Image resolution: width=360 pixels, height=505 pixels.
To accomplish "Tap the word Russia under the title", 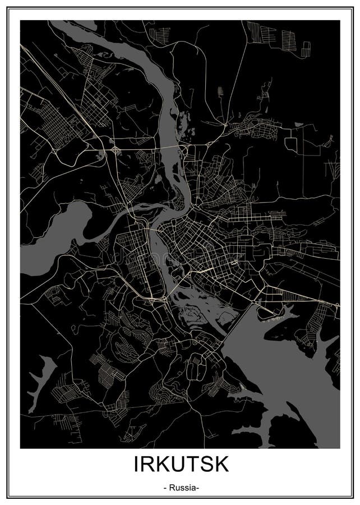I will pyautogui.click(x=180, y=488).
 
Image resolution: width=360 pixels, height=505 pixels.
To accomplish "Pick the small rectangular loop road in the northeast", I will pyautogui.click(x=292, y=141).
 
